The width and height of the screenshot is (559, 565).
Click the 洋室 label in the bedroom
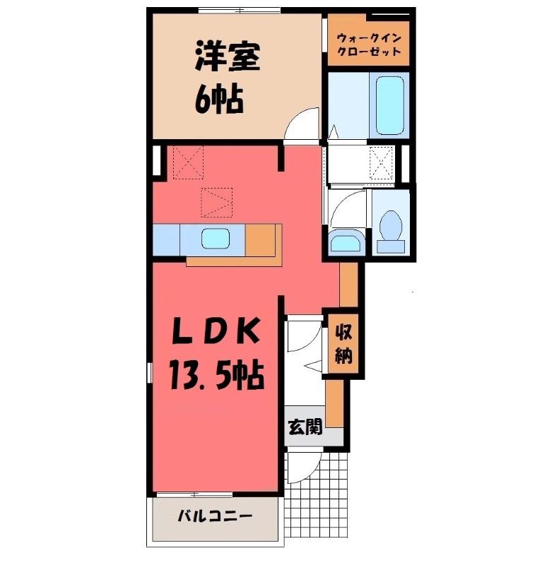(228, 57)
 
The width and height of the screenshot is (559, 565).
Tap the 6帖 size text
(218, 99)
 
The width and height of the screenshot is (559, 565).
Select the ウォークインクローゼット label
(368, 44)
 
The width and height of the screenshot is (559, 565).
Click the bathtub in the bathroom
(389, 105)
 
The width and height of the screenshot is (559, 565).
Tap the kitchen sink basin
(216, 238)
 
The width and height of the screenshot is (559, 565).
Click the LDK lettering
(216, 331)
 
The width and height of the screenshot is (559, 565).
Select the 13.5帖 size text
(217, 376)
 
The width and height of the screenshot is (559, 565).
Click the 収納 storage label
(343, 343)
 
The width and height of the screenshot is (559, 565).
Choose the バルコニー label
(216, 517)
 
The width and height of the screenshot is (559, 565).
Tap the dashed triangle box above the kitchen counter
(216, 202)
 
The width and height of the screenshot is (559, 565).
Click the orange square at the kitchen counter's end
(260, 240)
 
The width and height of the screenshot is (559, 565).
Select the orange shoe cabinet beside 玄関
(335, 403)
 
